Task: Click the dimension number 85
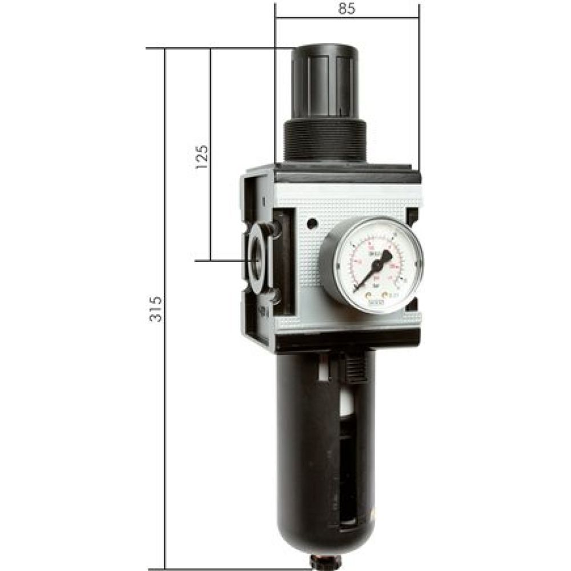pos(347,9)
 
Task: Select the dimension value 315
pos(156,308)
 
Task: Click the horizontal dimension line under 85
pos(347,19)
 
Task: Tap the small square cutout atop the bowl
pos(323,371)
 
